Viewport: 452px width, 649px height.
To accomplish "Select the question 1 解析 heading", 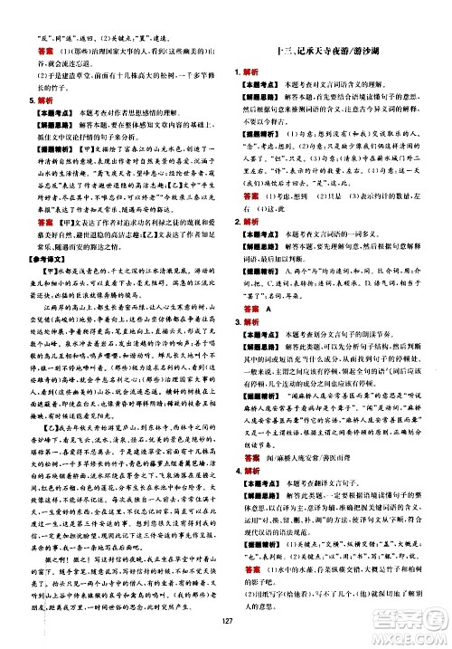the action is tap(252, 71).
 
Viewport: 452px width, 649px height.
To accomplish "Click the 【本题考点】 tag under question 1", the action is tap(264, 83).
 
